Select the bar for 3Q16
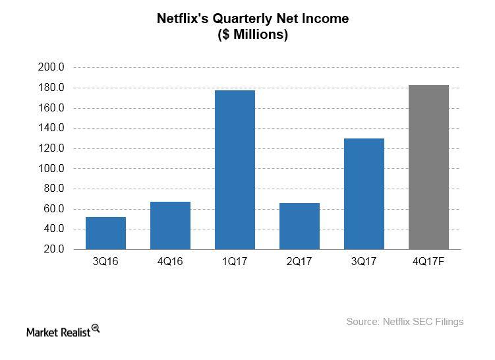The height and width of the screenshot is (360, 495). (x=105, y=233)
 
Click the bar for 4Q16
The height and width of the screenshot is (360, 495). (x=170, y=225)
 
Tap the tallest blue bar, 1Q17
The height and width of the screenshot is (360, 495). (x=235, y=169)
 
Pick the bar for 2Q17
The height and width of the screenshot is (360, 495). (x=299, y=226)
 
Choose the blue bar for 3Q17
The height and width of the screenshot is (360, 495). (x=364, y=194)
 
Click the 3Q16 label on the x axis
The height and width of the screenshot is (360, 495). (x=105, y=261)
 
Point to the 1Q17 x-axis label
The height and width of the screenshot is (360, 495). (x=235, y=261)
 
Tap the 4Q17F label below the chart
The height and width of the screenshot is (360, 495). (x=428, y=261)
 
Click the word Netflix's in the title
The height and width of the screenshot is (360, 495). (x=183, y=19)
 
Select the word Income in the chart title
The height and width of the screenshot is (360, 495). (x=326, y=19)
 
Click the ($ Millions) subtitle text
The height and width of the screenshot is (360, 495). (x=253, y=35)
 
